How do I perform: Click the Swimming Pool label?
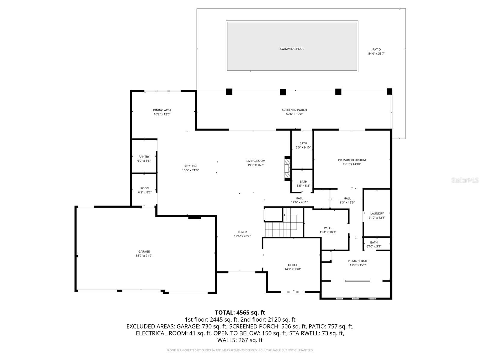(292, 49)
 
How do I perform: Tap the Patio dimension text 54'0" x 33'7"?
(376, 54)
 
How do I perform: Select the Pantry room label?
(144, 157)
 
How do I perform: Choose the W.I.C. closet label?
(328, 228)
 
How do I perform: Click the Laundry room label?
(377, 214)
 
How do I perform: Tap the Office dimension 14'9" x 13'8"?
(292, 269)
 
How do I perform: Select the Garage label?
(144, 252)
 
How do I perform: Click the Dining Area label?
(162, 110)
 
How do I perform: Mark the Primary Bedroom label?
(352, 160)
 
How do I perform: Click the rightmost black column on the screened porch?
(389, 91)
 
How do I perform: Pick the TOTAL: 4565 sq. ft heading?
(240, 313)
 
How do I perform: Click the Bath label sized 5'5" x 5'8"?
(303, 181)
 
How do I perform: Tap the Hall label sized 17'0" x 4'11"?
(299, 198)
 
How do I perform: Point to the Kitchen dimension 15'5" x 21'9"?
(190, 170)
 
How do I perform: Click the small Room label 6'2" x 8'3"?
(145, 188)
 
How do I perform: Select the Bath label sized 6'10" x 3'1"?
(374, 242)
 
